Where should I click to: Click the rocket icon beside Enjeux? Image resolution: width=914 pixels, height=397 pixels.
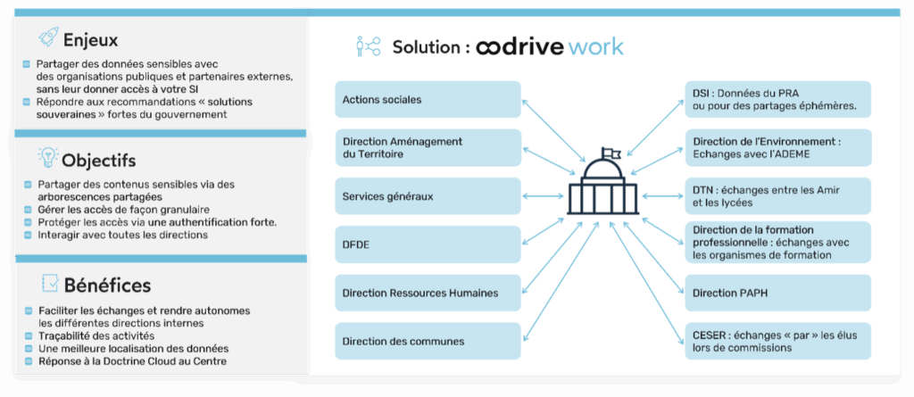point(49,37)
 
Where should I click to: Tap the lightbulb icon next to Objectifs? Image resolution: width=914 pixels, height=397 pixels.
point(47,159)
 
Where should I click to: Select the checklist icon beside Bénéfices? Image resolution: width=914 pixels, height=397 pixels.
point(50,284)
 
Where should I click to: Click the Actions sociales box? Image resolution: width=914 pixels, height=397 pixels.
point(428,99)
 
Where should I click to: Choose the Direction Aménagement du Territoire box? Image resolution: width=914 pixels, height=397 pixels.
point(428,147)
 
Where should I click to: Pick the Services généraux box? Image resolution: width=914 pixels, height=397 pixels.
point(428,195)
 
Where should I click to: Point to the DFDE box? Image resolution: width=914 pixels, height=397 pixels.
point(428,244)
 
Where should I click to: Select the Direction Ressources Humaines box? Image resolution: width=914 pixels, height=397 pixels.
point(428,293)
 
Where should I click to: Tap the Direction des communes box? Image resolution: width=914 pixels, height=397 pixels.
point(428,341)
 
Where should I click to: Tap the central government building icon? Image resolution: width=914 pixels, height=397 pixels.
point(603,191)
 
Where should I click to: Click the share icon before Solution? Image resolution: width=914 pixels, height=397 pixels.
point(367,46)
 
